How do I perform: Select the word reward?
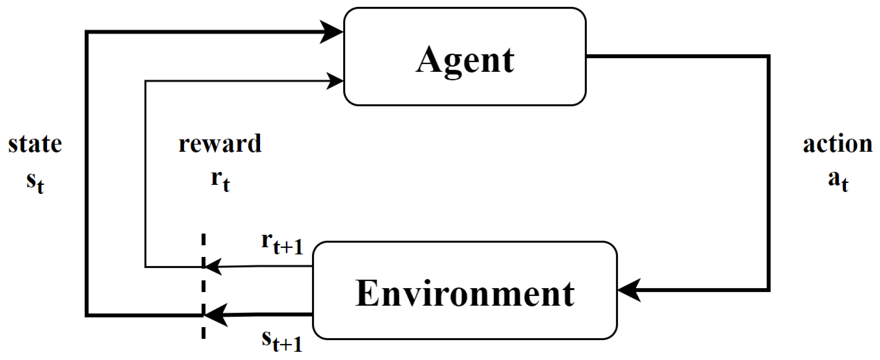tap(220, 143)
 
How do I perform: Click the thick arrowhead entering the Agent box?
tap(331, 32)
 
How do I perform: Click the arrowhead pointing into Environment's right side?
tap(629, 290)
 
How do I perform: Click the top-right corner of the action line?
tap(768, 56)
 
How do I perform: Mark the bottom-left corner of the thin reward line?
tap(145, 267)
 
